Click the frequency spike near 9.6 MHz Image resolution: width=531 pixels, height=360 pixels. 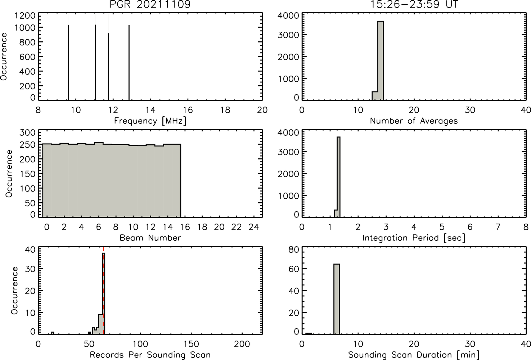[68, 62]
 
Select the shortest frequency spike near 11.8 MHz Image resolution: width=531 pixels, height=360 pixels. [109, 67]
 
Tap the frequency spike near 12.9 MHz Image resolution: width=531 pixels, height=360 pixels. [129, 63]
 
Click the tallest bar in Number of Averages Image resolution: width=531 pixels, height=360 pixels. [381, 61]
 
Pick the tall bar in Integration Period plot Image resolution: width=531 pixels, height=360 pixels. [338, 177]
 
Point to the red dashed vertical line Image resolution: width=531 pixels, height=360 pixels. [104, 291]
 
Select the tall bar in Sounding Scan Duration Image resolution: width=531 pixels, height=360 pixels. [337, 299]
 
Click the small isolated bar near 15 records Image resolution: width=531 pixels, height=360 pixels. [53, 333]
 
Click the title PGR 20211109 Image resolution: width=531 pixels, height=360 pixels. [150, 4]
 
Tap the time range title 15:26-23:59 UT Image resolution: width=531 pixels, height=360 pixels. [414, 4]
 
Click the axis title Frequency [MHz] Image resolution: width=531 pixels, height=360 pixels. [150, 121]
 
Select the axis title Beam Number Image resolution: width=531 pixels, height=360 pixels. [150, 238]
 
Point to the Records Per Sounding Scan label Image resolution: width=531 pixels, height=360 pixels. [150, 355]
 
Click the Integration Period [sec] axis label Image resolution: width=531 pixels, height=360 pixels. [414, 238]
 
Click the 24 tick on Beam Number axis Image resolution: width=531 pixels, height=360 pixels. [254, 227]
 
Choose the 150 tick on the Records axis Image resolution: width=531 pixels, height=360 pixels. [191, 344]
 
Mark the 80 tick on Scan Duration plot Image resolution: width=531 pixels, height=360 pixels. [294, 250]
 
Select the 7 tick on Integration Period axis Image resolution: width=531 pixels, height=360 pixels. [498, 227]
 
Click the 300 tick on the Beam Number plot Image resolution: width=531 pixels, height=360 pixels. [27, 133]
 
